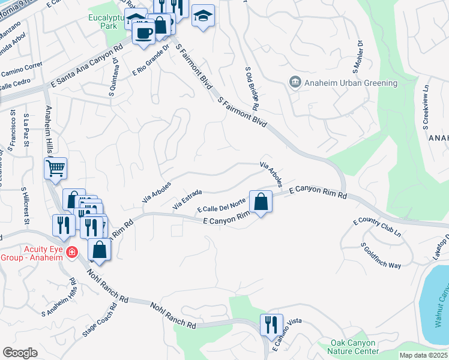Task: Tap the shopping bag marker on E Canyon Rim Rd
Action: pos(261,202)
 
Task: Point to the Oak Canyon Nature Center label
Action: pos(354,347)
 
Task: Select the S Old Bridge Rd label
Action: pos(251,88)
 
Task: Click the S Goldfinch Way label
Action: pos(381,256)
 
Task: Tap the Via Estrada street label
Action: pos(186,199)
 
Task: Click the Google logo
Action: pos(20,353)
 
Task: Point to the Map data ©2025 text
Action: pos(423,355)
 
